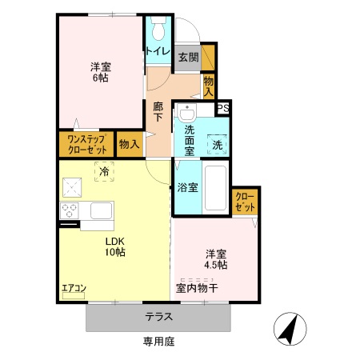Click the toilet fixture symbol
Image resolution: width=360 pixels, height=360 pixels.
click(x=157, y=30)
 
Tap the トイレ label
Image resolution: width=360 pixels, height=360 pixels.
click(x=157, y=52)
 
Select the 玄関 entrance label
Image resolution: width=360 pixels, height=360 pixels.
click(x=188, y=57)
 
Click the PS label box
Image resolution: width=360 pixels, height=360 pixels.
click(x=223, y=109)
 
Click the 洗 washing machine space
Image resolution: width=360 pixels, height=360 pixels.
click(x=218, y=145)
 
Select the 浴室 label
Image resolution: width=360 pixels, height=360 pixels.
click(x=188, y=189)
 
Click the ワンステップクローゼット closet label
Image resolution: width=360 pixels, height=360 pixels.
click(x=85, y=145)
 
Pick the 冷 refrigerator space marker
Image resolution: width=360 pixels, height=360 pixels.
click(x=104, y=170)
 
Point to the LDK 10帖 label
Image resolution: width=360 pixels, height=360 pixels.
click(x=113, y=246)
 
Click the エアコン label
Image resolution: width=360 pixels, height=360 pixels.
click(x=74, y=288)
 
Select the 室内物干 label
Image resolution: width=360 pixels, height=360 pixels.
click(x=198, y=286)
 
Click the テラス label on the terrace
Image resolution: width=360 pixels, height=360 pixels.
click(x=158, y=316)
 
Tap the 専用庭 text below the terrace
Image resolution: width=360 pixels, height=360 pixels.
click(x=158, y=341)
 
